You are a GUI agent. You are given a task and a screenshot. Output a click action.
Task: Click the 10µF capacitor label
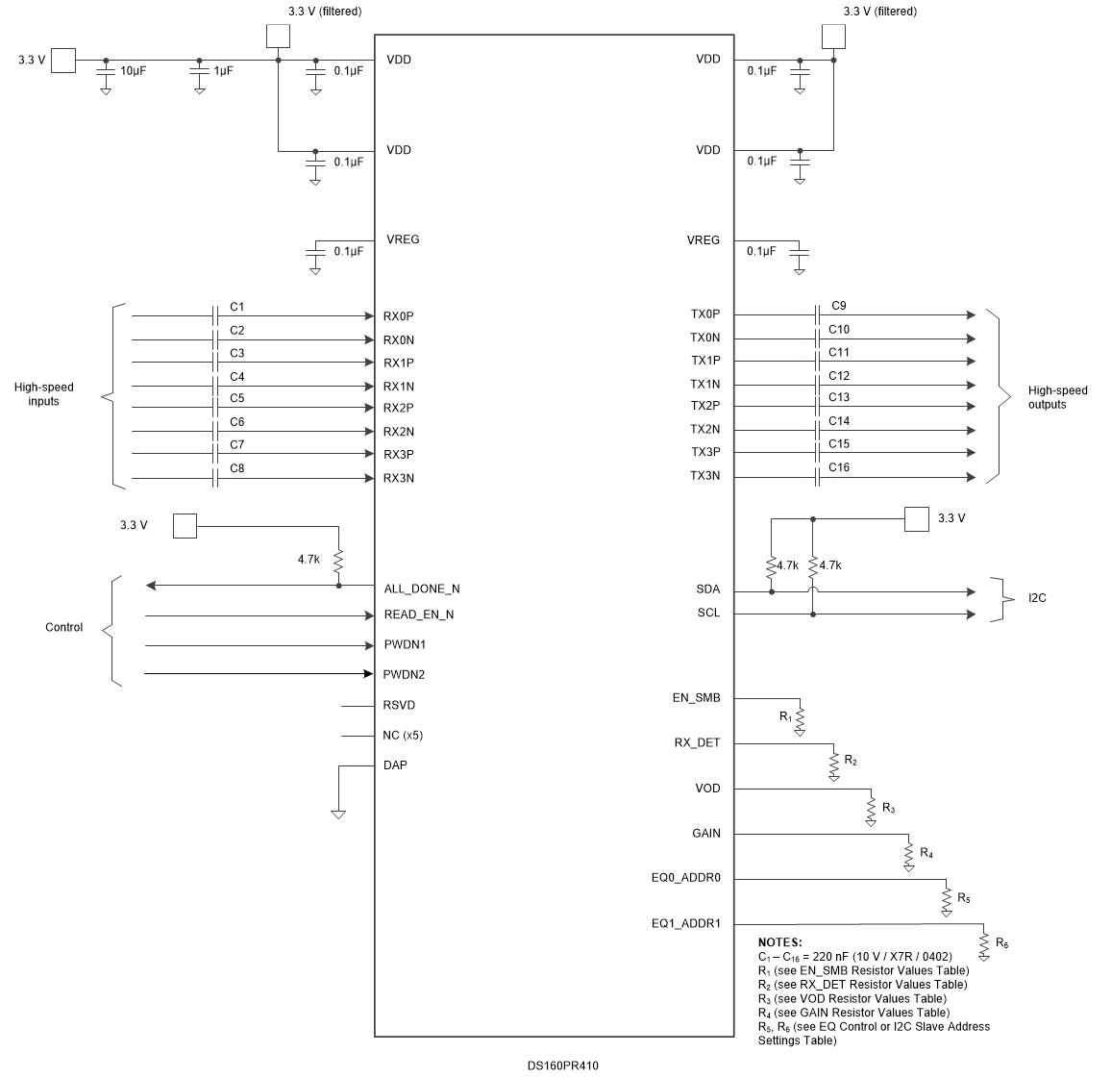click(x=132, y=72)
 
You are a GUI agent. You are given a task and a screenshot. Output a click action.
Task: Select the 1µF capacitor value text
click(x=222, y=72)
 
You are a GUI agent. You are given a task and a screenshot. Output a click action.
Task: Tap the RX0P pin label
click(x=398, y=315)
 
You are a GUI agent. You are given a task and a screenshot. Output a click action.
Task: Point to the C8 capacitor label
click(x=236, y=468)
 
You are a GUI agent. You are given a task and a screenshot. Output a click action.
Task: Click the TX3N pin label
click(x=704, y=476)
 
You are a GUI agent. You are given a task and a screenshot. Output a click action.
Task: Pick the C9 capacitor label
click(x=838, y=306)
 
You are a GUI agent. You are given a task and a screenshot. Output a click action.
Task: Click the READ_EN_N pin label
click(x=418, y=614)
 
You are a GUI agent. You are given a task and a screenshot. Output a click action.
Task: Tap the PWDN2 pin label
click(x=404, y=674)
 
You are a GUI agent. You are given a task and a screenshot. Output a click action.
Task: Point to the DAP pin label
click(x=395, y=765)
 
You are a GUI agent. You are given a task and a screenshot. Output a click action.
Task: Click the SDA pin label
click(x=708, y=589)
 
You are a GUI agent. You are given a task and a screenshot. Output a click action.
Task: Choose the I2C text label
click(x=1037, y=598)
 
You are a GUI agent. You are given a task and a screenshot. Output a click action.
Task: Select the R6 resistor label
click(x=1001, y=943)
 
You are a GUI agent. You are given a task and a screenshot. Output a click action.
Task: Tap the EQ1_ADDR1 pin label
click(x=685, y=924)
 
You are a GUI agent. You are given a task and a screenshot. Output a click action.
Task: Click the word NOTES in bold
click(x=779, y=942)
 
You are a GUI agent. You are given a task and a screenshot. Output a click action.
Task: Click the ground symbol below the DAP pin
click(x=338, y=814)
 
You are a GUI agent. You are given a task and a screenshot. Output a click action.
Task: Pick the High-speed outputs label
click(x=1057, y=397)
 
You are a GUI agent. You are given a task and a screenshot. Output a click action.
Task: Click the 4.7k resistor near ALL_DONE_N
click(x=338, y=561)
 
